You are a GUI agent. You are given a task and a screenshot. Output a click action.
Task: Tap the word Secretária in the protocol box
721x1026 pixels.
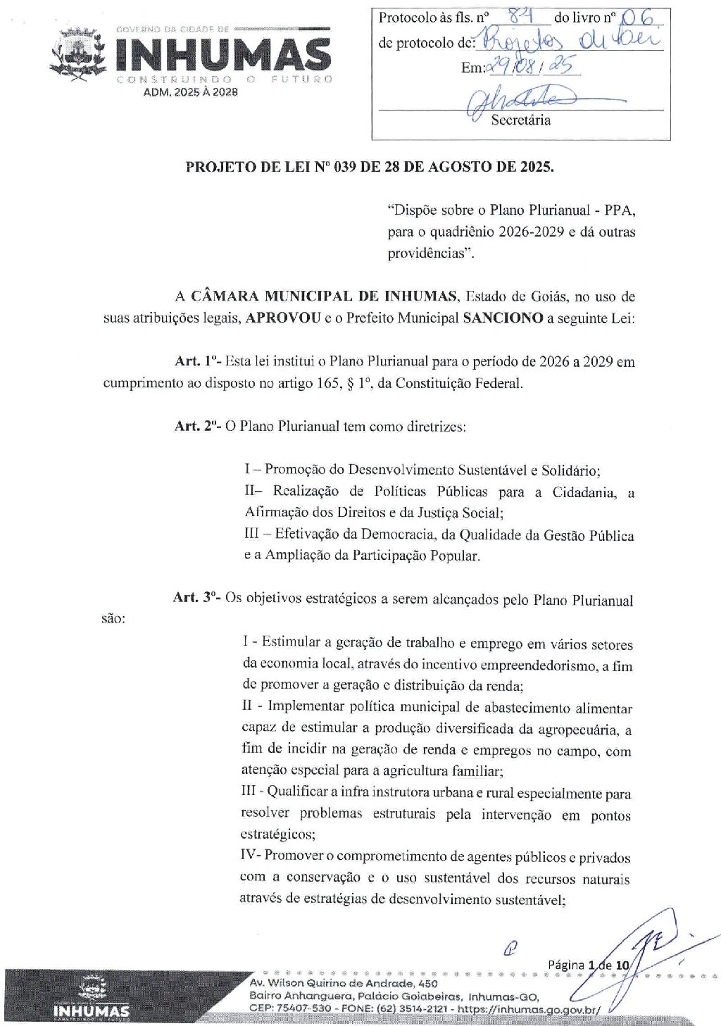(x=520, y=120)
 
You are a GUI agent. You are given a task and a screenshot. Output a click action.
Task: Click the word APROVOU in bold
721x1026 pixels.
(x=283, y=318)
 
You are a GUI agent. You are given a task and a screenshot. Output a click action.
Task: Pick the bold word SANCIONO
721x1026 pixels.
(x=503, y=318)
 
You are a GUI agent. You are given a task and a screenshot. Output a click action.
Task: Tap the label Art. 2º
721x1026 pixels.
(x=197, y=427)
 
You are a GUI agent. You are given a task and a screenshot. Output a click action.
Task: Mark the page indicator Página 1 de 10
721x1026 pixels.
(x=588, y=965)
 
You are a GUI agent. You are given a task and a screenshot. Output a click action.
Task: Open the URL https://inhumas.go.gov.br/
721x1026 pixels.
(x=529, y=1009)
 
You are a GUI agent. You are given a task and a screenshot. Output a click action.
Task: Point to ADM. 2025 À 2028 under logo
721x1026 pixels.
(x=190, y=92)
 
